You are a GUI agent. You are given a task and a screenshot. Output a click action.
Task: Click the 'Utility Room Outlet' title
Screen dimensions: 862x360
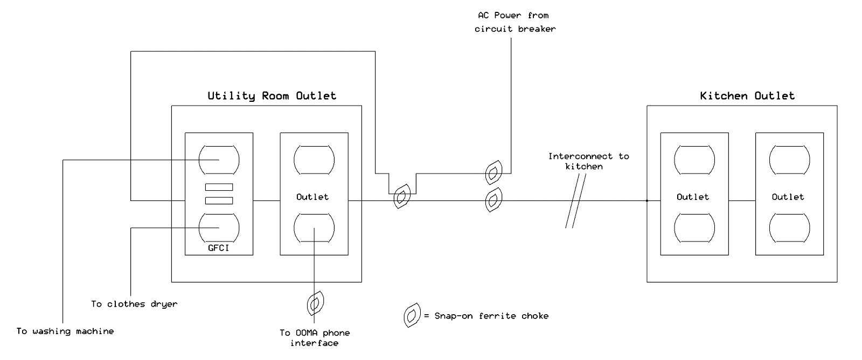click(x=272, y=96)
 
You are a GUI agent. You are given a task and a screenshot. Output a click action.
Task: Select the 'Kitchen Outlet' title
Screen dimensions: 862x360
click(x=747, y=96)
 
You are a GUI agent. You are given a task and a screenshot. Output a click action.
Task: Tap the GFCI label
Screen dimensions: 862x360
click(x=219, y=248)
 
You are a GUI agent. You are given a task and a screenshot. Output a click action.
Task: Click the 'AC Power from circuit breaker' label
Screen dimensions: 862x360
click(x=515, y=22)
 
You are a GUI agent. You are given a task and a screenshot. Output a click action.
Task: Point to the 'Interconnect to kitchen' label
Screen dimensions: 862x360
click(x=588, y=161)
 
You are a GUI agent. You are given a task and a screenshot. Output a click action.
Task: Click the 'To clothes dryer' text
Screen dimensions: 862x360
click(x=134, y=304)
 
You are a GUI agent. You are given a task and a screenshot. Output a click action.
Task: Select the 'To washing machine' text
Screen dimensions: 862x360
click(x=65, y=331)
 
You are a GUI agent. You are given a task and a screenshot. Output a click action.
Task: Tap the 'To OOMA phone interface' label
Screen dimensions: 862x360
click(x=315, y=338)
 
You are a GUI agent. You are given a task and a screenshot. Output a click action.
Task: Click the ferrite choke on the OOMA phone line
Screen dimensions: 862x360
click(x=315, y=303)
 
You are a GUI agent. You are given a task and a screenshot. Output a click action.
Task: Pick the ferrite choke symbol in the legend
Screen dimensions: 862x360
click(x=412, y=315)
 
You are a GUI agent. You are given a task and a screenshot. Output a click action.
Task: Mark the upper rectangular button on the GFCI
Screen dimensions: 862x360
click(x=219, y=187)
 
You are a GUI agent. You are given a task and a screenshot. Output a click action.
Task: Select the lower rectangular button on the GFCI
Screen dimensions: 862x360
click(x=219, y=200)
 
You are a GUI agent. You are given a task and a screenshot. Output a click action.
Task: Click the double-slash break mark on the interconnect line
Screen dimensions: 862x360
click(x=576, y=200)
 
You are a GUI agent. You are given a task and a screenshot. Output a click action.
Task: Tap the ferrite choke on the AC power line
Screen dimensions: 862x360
click(x=493, y=172)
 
